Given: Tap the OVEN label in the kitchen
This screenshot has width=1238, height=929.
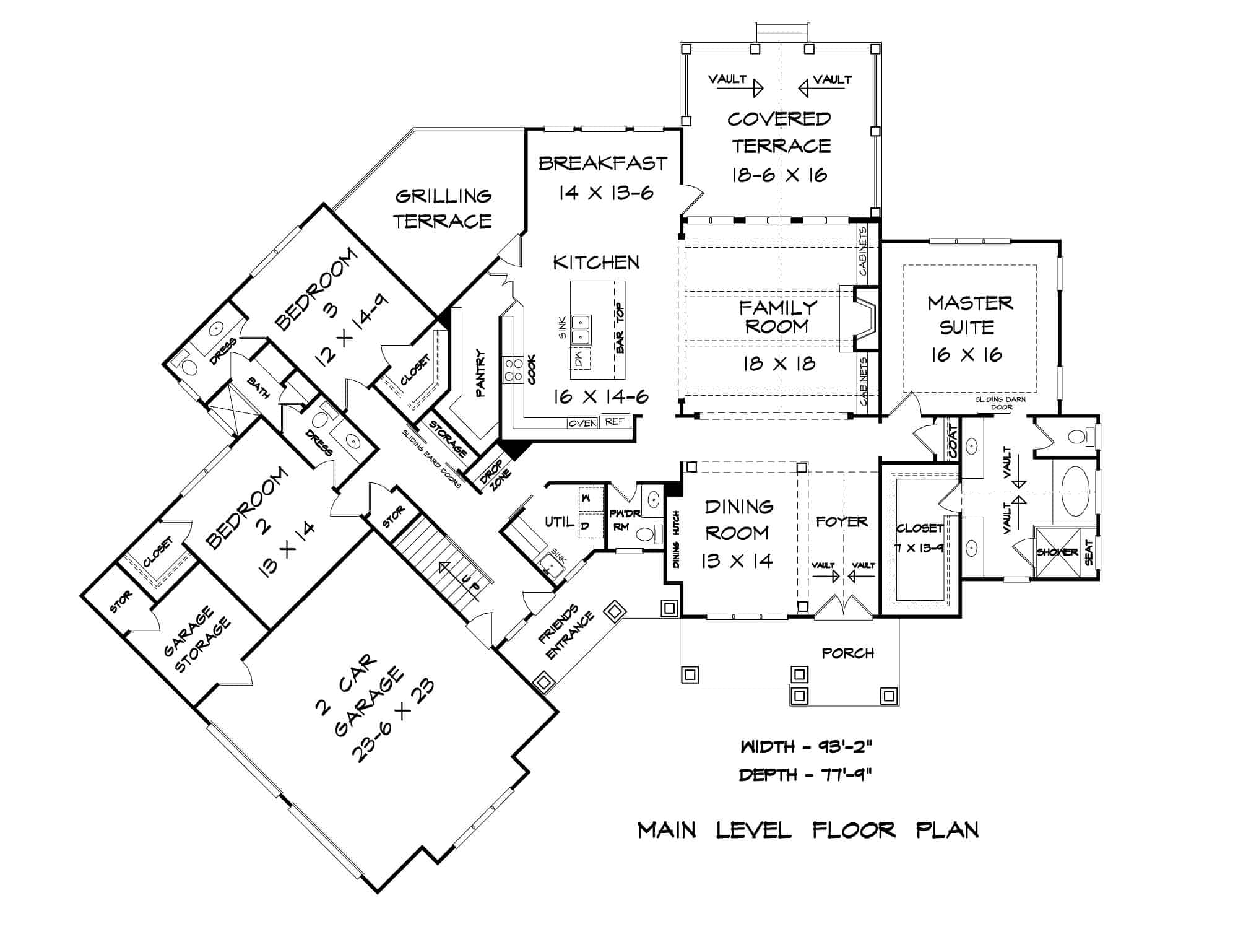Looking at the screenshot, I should pos(582,423).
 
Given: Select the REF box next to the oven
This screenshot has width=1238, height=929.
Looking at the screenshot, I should pos(615,422).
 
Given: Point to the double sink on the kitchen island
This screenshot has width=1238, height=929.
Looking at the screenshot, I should pos(581,329).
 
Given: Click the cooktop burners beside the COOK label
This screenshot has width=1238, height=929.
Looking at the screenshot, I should pos(513,370).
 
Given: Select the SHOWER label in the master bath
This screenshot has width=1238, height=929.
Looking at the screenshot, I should pos(1057,552).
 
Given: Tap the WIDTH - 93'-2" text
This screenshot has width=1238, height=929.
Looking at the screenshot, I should pos(806,747).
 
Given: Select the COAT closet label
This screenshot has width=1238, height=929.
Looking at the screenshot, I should pos(953,441).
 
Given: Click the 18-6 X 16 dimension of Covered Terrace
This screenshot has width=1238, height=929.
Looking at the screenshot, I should pos(779,175).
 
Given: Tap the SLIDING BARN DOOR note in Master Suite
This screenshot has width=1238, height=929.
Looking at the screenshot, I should pos(1000,403).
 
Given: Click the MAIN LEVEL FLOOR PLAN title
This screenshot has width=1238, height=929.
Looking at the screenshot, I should pos(808,830).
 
